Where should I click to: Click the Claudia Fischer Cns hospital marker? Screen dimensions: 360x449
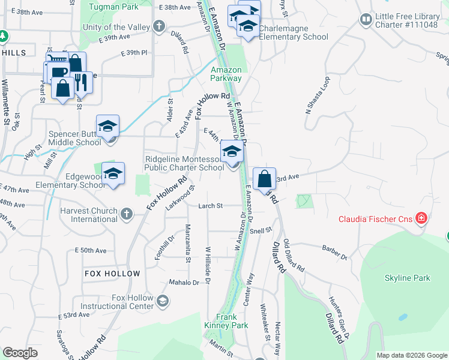421,218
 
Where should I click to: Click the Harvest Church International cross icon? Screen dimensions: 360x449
127,214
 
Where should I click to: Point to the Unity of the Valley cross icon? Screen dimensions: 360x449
159,26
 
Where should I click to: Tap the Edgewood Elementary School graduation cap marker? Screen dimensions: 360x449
113,175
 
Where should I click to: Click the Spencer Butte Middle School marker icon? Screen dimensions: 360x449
108,127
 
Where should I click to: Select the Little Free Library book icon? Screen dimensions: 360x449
366,20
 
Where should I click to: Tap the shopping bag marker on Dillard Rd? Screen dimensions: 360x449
264,179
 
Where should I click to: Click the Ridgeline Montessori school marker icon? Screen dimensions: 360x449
232,152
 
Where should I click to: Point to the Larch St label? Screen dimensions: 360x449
211,206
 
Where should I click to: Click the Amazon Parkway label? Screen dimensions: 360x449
226,74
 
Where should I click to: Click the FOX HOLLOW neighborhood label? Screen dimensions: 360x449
112,274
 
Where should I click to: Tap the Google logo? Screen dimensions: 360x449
20,353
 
